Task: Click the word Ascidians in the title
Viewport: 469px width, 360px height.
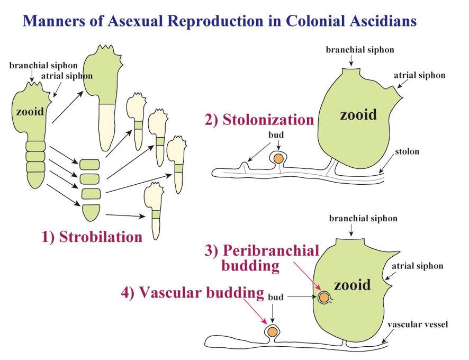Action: [x=380, y=21]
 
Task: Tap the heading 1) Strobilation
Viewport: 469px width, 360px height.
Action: [x=92, y=237]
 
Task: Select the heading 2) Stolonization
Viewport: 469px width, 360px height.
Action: [x=259, y=120]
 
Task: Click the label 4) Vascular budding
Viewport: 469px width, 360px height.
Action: [x=193, y=292]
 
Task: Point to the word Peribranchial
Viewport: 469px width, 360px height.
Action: [x=271, y=251]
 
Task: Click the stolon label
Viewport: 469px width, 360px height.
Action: [x=407, y=151]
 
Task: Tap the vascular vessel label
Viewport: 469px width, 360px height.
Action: [x=418, y=325]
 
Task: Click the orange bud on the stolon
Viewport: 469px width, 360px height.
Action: [x=278, y=159]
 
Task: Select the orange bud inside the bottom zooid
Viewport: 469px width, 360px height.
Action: [x=323, y=298]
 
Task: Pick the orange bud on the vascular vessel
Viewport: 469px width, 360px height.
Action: [x=272, y=331]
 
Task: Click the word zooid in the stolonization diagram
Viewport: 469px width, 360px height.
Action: [x=358, y=114]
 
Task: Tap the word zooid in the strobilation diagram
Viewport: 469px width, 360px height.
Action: [x=30, y=112]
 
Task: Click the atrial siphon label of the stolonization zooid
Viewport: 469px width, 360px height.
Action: [x=419, y=75]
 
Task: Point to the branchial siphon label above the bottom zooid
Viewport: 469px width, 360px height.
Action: [x=363, y=219]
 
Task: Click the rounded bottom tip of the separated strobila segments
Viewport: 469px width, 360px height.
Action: [x=91, y=213]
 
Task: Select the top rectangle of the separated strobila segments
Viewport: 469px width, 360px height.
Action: [x=89, y=165]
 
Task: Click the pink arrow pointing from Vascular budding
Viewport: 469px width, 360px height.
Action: [x=256, y=311]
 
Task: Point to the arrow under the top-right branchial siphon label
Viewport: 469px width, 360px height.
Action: [x=351, y=60]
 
